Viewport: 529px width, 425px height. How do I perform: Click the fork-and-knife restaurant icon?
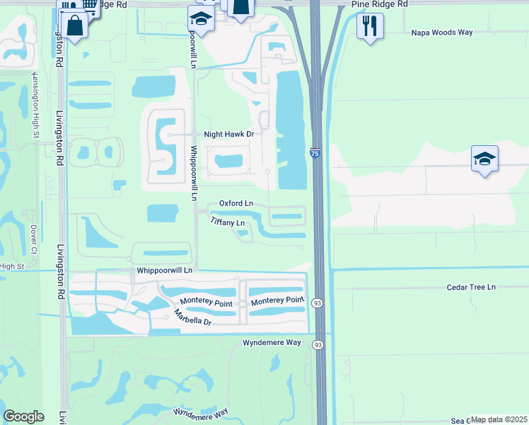(x=370, y=27)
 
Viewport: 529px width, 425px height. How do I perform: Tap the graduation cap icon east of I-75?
(x=484, y=159)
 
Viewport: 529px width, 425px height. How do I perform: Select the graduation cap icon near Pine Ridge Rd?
(x=202, y=21)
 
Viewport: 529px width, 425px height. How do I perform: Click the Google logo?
(x=24, y=416)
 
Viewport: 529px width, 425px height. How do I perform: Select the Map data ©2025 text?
(x=499, y=419)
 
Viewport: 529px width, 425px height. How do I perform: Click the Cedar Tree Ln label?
(x=472, y=287)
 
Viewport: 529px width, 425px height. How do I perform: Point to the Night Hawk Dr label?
(x=228, y=134)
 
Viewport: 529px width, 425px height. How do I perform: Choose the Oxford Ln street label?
(x=236, y=203)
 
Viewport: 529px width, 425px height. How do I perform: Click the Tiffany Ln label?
(x=228, y=222)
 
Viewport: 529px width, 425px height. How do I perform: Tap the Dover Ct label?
(x=33, y=239)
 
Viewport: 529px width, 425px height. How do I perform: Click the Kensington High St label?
(x=34, y=104)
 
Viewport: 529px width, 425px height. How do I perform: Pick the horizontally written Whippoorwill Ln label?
(x=164, y=271)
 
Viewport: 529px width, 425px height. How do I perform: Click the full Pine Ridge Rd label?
(x=379, y=4)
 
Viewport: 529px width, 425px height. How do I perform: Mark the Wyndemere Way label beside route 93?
(x=272, y=342)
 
